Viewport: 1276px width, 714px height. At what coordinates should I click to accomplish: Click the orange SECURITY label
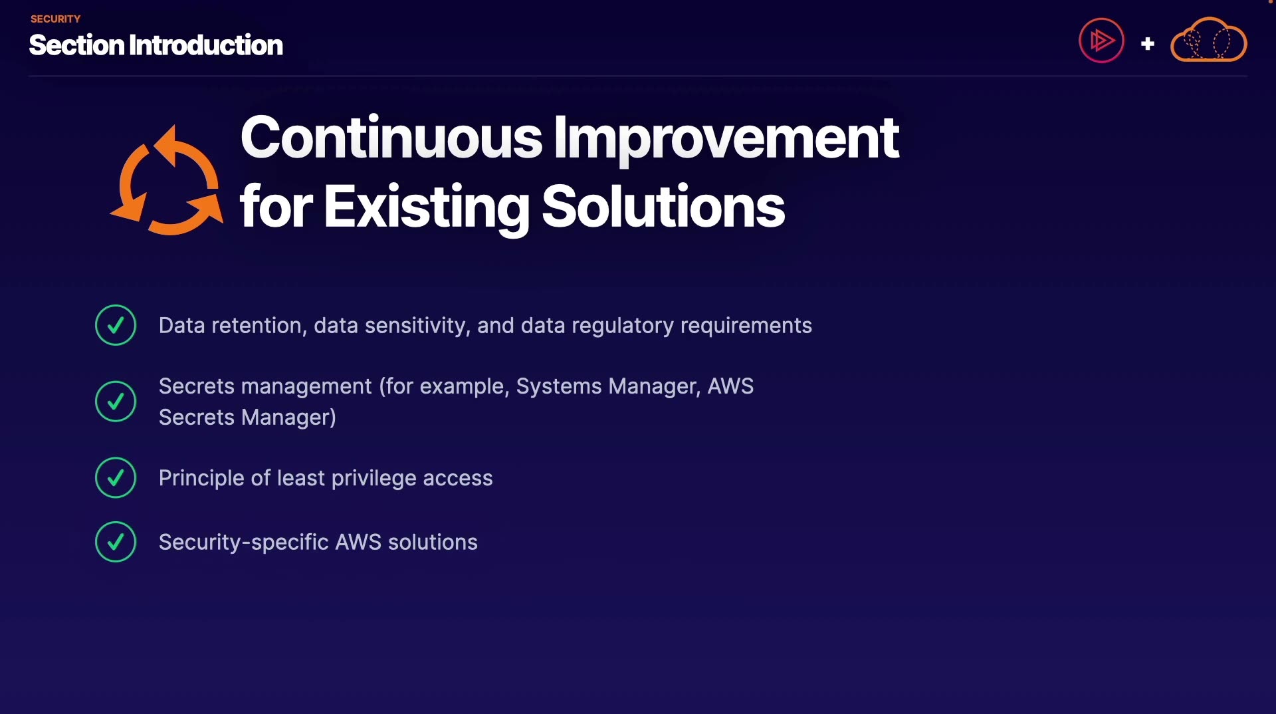click(55, 19)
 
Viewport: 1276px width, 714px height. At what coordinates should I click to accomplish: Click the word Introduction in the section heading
click(206, 45)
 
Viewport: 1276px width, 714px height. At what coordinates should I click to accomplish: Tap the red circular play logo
click(1101, 41)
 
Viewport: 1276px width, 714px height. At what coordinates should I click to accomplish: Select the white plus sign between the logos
click(1147, 44)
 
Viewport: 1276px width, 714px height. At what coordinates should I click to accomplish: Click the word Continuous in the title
click(391, 138)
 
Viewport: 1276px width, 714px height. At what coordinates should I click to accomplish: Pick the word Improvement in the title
click(726, 140)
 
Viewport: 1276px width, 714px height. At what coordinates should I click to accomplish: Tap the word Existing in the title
click(427, 208)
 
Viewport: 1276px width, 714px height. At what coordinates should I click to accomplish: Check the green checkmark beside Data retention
click(116, 325)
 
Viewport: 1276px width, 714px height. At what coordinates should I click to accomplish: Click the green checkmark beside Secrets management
click(116, 402)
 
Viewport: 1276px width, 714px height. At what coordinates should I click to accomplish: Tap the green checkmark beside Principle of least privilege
click(116, 478)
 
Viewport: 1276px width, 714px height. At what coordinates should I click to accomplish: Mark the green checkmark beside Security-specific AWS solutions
click(116, 542)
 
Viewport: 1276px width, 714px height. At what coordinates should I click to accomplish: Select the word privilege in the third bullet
click(373, 479)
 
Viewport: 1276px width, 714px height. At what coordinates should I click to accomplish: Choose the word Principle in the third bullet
click(201, 479)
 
